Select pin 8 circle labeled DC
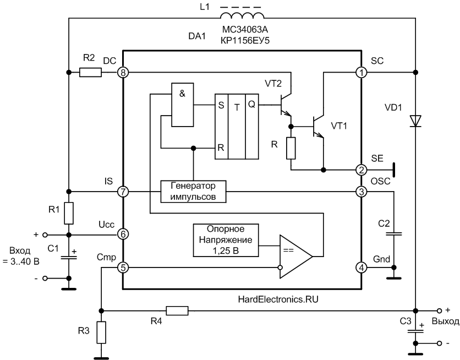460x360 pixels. point(123,72)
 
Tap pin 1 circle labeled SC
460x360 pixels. point(361,72)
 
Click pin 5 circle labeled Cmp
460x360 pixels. point(123,268)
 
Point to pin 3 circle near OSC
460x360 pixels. point(361,192)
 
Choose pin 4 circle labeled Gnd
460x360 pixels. point(361,268)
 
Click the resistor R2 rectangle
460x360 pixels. point(91,72)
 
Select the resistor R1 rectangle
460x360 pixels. point(69,213)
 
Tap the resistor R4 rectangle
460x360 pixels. point(177,310)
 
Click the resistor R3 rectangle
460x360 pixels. point(101,332)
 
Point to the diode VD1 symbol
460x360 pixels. point(415,121)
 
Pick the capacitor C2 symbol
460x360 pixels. point(394,234)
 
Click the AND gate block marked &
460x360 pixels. point(183,105)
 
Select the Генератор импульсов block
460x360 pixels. point(193,192)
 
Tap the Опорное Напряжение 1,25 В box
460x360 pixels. point(226,241)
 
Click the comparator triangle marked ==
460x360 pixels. point(295,257)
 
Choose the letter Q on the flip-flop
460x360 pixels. point(251,104)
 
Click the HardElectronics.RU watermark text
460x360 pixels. point(278,299)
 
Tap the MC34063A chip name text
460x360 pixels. point(245,30)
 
